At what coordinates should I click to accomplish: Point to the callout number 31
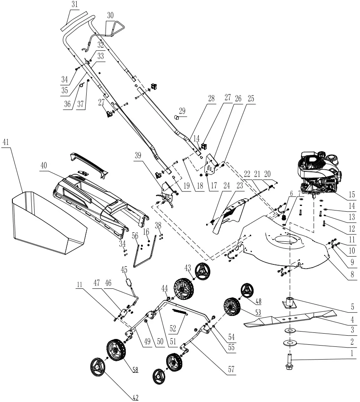(75, 5)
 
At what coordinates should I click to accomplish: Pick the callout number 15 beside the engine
(351, 194)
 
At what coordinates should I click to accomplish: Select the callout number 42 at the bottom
(135, 397)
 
